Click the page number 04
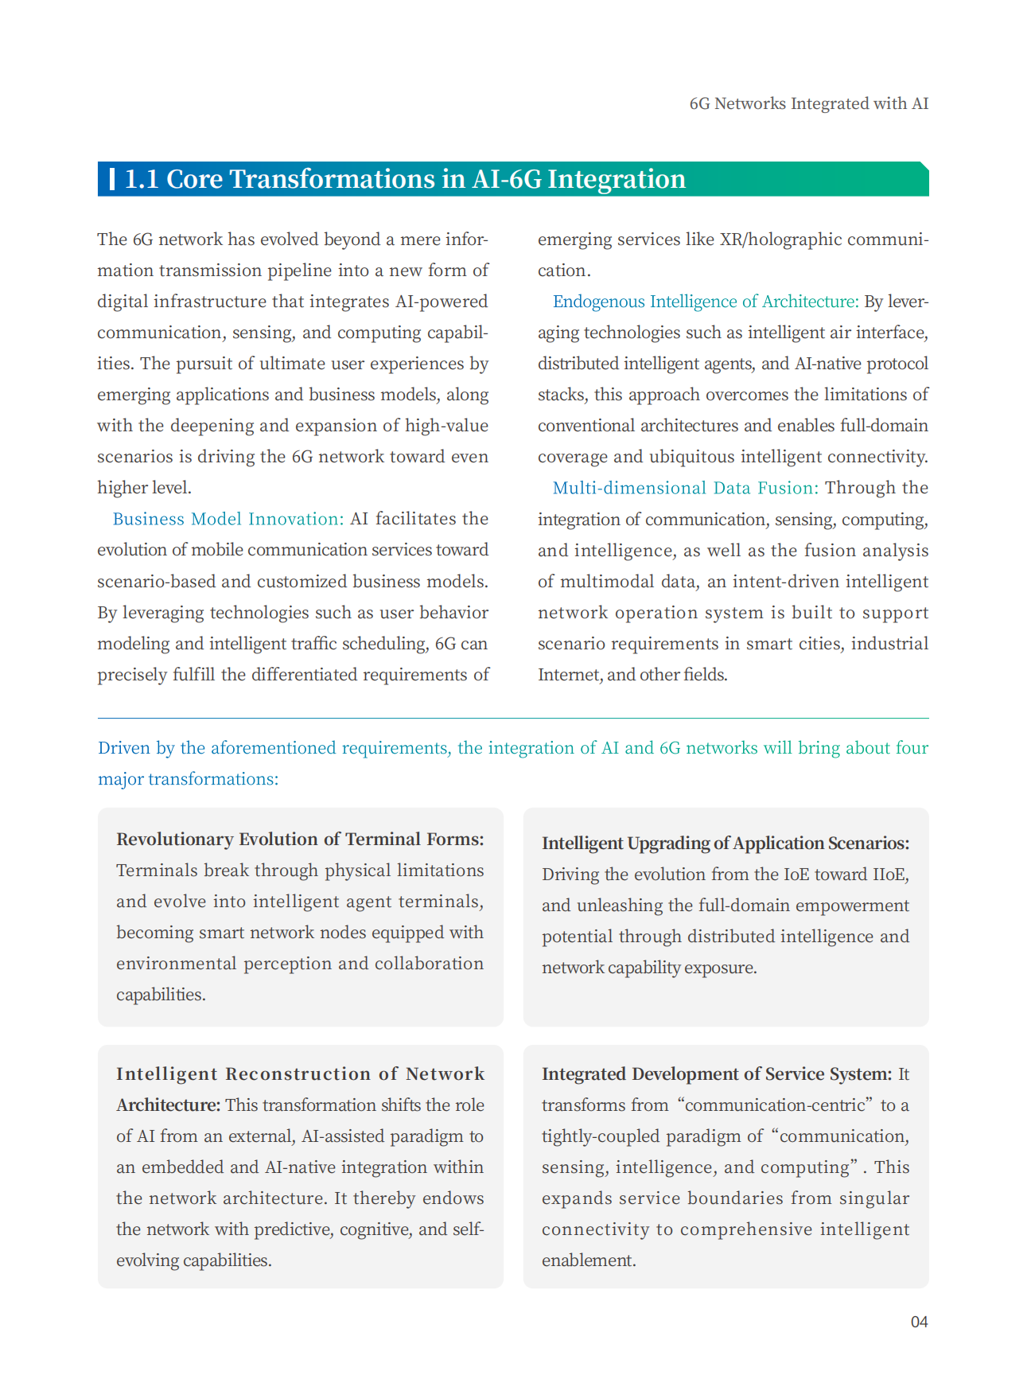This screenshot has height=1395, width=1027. click(919, 1322)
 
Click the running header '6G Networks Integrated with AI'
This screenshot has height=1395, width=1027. click(808, 103)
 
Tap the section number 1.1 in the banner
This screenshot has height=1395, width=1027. click(142, 179)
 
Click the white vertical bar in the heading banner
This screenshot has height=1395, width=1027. click(112, 179)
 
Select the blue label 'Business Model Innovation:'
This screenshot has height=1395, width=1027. click(228, 519)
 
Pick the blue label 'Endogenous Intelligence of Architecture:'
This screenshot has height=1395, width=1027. click(706, 302)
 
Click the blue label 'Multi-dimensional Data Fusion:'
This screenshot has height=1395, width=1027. click(686, 488)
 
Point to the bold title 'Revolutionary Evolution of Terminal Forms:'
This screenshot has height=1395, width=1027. click(300, 840)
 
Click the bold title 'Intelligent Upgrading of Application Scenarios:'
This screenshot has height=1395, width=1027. click(726, 844)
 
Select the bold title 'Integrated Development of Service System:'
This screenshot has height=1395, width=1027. click(717, 1074)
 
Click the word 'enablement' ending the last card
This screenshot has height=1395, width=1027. click(587, 1261)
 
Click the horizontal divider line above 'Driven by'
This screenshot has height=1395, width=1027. click(513, 719)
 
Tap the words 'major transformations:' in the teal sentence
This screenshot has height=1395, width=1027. click(189, 779)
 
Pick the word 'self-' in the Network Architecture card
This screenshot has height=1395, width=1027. click(468, 1229)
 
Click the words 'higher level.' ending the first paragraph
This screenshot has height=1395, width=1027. click(144, 488)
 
